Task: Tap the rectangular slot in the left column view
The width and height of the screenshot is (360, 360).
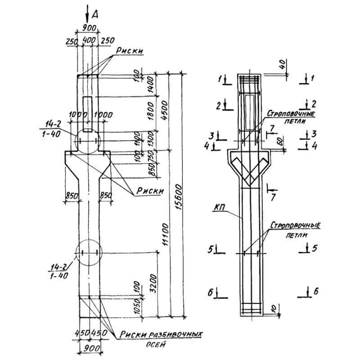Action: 88,110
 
